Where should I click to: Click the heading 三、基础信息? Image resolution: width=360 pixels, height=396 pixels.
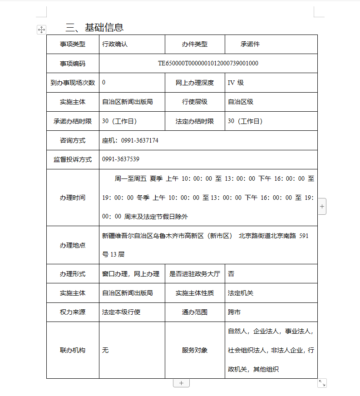[94, 28]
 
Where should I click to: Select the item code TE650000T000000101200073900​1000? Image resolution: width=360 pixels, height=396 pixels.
[208, 63]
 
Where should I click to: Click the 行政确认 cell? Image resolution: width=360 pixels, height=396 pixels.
[115, 44]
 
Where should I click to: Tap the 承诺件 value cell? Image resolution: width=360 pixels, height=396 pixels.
[250, 44]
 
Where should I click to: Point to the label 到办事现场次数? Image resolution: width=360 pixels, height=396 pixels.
[73, 83]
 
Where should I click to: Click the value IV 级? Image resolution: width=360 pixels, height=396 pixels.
[236, 83]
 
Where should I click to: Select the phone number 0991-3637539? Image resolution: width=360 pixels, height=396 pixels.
[121, 159]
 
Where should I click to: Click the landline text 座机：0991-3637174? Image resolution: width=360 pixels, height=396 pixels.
[130, 140]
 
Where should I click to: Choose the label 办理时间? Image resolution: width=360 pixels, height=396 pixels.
[73, 198]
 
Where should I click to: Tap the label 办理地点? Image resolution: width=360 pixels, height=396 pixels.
[73, 245]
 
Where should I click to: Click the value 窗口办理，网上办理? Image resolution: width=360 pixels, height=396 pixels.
[131, 274]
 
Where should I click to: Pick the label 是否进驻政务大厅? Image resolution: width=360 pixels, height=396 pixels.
[195, 274]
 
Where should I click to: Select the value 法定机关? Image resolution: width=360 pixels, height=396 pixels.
[241, 293]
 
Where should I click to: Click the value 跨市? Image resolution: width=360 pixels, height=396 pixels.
[234, 312]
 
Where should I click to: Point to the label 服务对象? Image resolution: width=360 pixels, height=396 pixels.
[195, 350]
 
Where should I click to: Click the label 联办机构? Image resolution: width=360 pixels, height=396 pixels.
[73, 350]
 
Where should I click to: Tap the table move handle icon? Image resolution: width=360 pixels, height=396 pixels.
[41, 30]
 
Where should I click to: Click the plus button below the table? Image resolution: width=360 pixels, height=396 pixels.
[181, 383]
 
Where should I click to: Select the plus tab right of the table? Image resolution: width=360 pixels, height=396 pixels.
[322, 206]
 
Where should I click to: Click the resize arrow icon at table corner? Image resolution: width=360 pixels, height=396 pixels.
[322, 383]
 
